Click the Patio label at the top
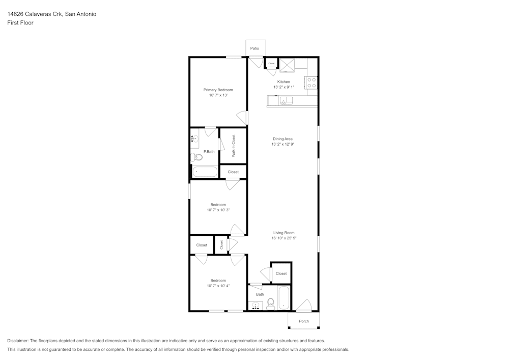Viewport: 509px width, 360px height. click(254, 48)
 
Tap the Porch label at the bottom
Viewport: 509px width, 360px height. click(304, 321)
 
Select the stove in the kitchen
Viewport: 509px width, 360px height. click(312, 83)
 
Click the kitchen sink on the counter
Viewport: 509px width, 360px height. click(287, 101)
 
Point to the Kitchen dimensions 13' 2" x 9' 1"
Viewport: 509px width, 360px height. click(284, 87)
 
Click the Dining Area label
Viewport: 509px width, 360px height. click(282, 139)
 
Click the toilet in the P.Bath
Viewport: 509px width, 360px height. click(197, 156)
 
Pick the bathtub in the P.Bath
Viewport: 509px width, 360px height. click(205, 172)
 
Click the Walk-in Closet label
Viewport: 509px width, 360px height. click(234, 146)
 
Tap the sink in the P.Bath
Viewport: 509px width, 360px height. click(195, 139)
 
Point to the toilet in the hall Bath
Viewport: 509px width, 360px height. click(270, 304)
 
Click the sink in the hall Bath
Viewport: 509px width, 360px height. click(256, 306)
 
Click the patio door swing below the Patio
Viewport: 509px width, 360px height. click(256, 62)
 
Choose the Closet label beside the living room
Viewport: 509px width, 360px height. click(281, 273)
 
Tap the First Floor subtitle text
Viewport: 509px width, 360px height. click(20, 23)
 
